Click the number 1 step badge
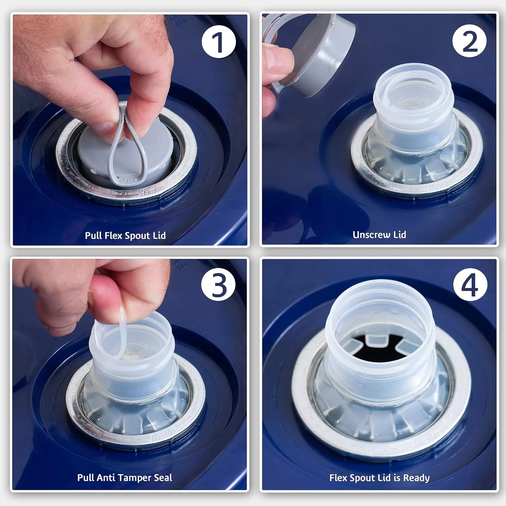tap(219, 42)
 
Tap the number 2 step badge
tap(469, 42)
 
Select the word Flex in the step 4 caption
tap(338, 478)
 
